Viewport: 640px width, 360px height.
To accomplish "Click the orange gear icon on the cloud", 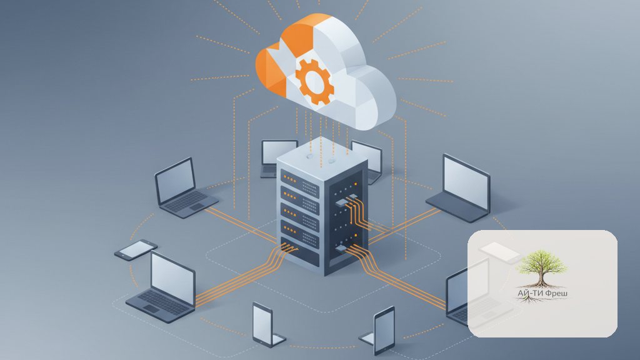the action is (314, 81).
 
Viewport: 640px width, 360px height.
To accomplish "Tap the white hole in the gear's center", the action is (314, 81).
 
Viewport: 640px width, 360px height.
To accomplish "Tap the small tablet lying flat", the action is (136, 249).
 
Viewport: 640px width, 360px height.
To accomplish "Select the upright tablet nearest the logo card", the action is (384, 331).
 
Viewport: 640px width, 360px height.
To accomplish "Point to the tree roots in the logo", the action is (531, 300).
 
